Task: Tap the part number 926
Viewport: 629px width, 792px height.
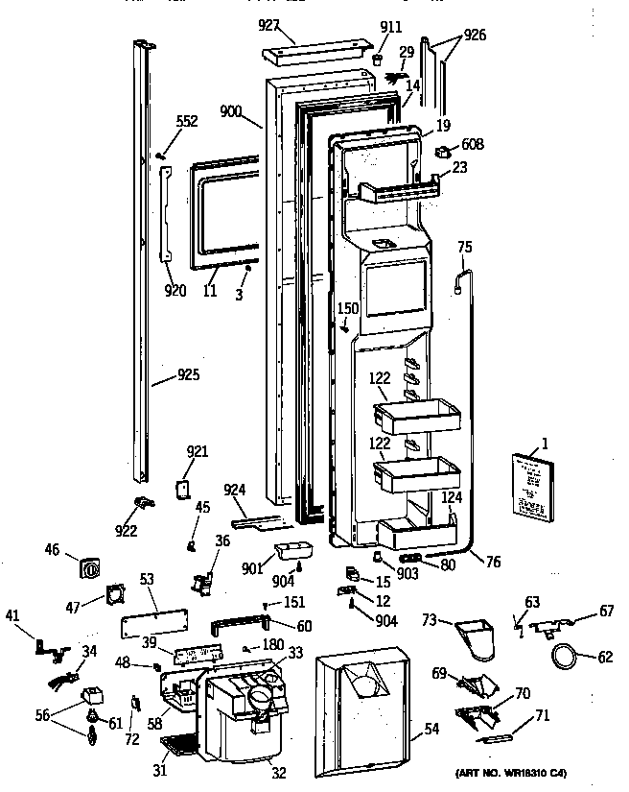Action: [475, 36]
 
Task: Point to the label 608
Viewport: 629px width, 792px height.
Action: [473, 145]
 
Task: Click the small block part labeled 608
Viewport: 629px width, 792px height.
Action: [444, 151]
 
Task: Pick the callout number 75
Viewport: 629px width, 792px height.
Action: [464, 247]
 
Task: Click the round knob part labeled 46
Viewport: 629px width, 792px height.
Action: [89, 567]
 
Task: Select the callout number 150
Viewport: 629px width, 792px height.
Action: [347, 309]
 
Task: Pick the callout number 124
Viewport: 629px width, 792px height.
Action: [452, 497]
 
